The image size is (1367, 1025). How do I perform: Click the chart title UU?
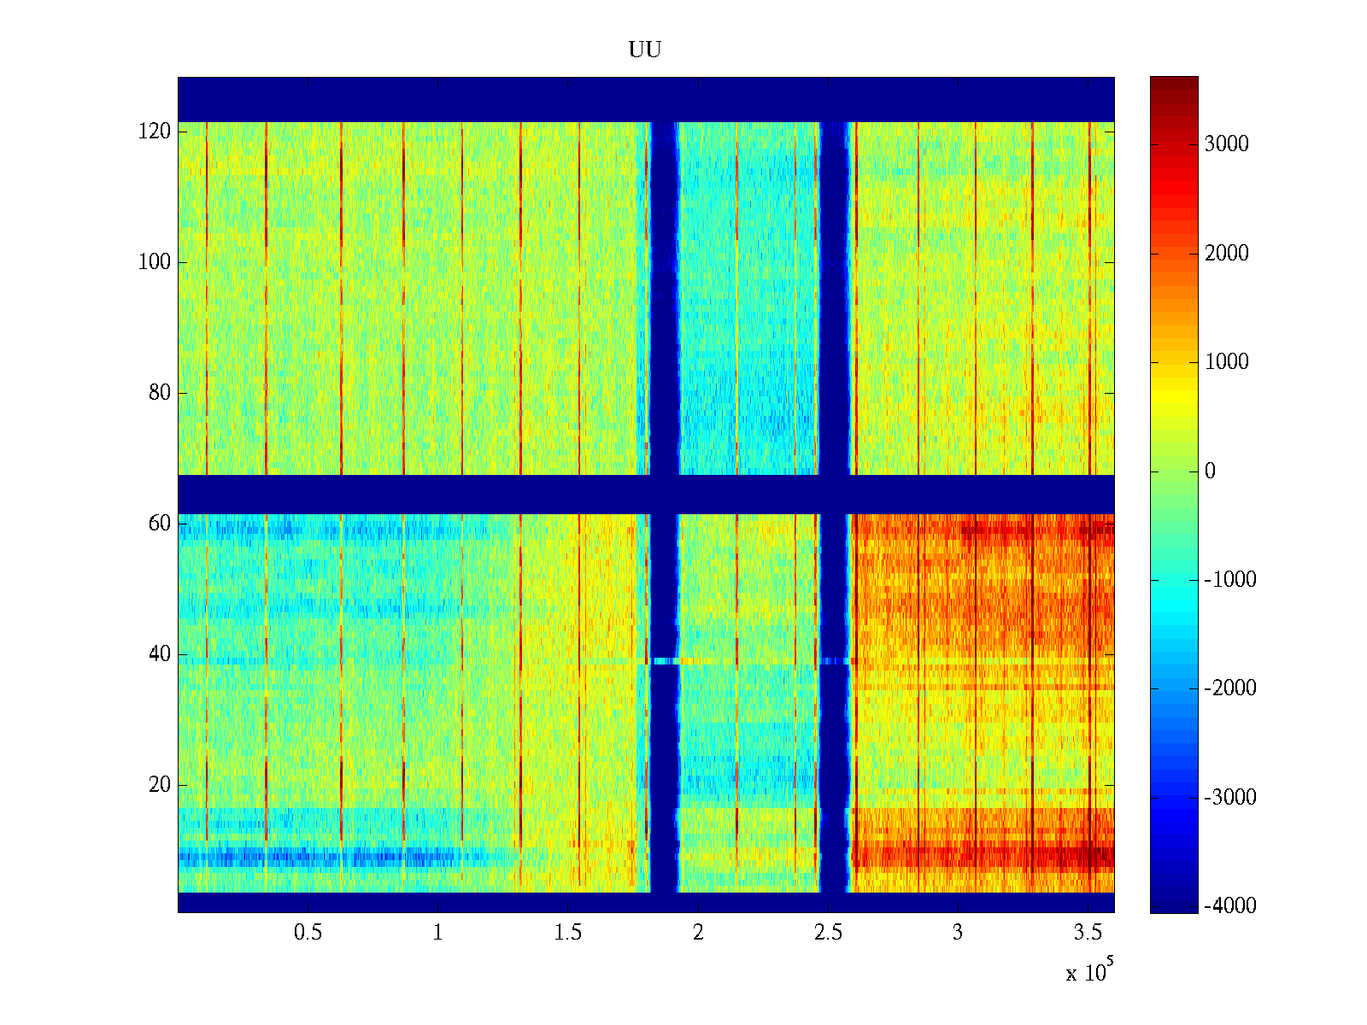[645, 50]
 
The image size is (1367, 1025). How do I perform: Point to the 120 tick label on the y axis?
[155, 132]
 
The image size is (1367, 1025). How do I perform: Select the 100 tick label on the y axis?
[155, 262]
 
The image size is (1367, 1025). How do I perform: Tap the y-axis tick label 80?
[160, 393]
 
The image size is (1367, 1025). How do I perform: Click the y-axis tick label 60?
[160, 524]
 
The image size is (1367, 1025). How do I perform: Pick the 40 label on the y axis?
[160, 654]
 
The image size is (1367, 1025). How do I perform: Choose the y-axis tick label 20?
[160, 785]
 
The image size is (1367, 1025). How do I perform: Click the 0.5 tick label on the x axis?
[308, 933]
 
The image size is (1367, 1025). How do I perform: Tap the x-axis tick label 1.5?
[568, 933]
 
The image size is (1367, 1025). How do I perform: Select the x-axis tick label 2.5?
[828, 933]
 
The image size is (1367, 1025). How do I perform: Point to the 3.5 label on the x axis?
[1088, 933]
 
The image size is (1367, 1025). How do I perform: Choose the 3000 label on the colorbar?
[1227, 144]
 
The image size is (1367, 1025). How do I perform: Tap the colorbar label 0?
[1210, 471]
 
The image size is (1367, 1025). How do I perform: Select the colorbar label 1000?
[1227, 362]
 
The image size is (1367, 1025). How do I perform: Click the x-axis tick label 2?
[698, 933]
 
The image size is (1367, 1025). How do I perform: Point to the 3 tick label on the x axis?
[958, 933]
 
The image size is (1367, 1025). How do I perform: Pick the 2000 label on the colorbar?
[1227, 254]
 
